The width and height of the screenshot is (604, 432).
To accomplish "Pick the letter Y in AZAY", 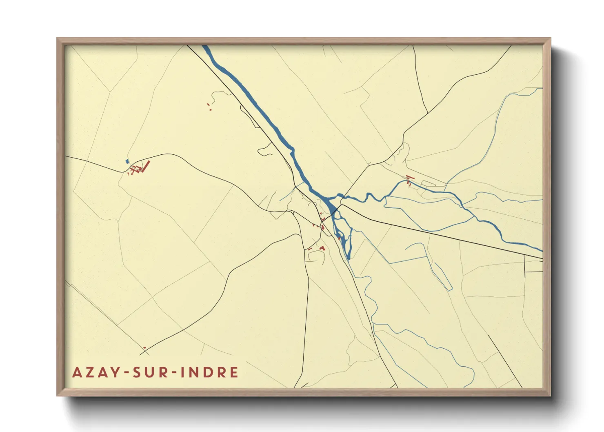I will (x=115, y=372).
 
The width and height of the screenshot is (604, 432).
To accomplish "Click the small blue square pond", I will (x=127, y=161).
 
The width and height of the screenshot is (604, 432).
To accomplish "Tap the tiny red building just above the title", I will (x=144, y=348).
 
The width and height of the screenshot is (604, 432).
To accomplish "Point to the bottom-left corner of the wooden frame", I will (x=58, y=395).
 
